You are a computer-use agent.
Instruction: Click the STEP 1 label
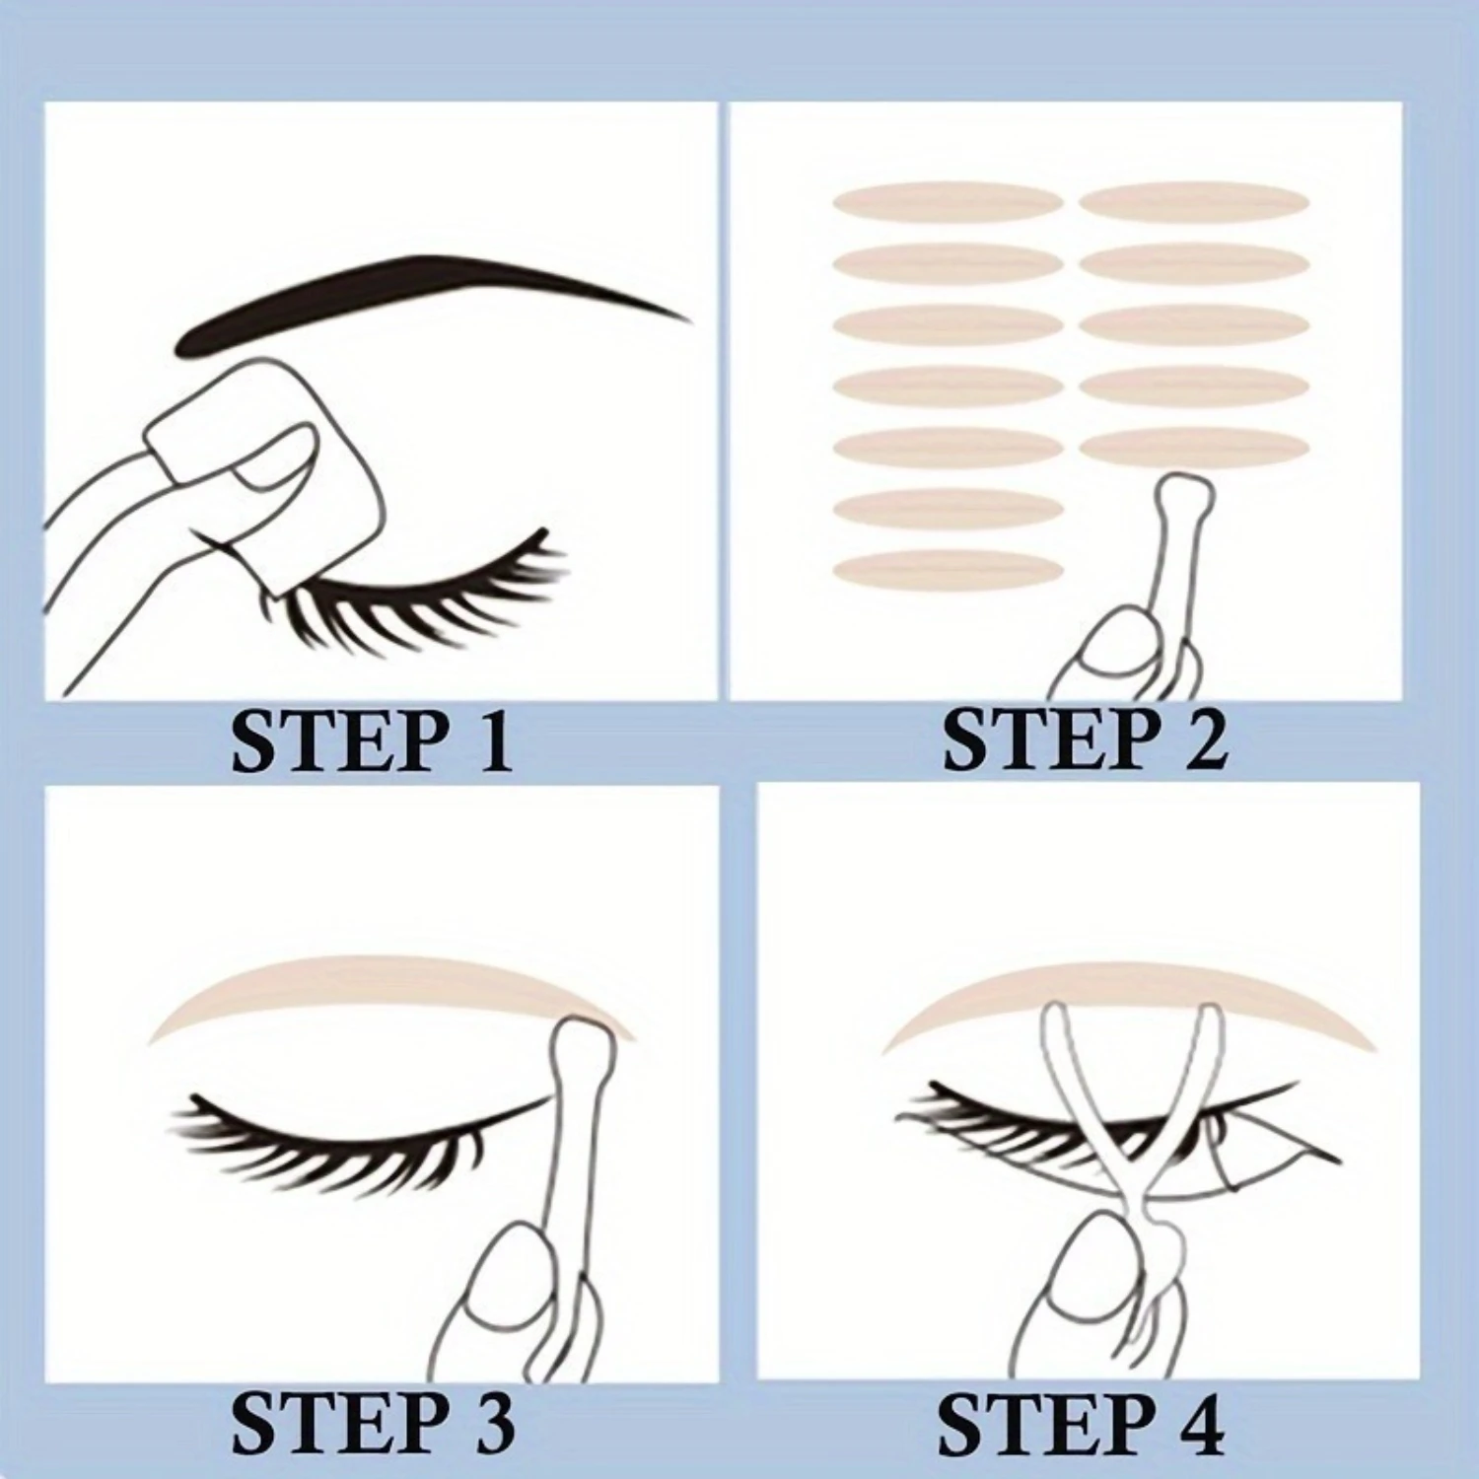click(372, 741)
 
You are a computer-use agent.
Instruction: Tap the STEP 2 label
click(1085, 741)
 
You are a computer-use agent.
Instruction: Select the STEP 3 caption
click(372, 1424)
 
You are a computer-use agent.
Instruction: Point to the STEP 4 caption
click(1081, 1424)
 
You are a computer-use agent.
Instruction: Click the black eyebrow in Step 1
click(414, 296)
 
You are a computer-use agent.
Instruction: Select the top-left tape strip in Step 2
click(948, 202)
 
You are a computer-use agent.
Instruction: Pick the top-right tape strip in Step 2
click(1194, 202)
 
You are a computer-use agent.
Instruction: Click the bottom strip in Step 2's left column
click(948, 570)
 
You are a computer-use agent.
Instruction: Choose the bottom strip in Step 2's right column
click(1194, 446)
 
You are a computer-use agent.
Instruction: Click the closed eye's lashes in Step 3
click(325, 1134)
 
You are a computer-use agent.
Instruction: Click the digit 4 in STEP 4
click(1198, 1424)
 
